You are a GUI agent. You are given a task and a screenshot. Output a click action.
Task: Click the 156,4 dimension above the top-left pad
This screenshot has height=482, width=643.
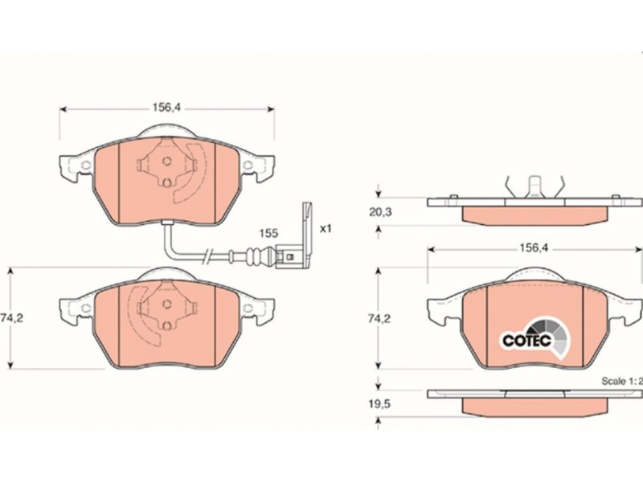(x=167, y=108)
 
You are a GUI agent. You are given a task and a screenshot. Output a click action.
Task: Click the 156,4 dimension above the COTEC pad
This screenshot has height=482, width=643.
(x=534, y=248)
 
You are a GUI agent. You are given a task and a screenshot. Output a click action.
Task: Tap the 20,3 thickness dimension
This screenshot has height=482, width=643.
(x=380, y=212)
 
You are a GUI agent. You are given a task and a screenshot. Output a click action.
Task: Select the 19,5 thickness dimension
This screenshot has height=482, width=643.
(x=379, y=404)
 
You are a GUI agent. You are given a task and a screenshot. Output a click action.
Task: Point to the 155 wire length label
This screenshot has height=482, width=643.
(x=268, y=233)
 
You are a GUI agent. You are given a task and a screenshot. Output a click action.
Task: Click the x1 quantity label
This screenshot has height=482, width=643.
(x=326, y=228)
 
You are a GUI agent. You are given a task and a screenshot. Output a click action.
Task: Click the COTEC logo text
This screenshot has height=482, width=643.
(x=527, y=340)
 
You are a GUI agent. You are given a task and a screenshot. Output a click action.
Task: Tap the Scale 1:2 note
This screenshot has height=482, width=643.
(x=620, y=381)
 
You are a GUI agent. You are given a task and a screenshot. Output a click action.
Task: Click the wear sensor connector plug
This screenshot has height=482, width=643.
(x=293, y=257)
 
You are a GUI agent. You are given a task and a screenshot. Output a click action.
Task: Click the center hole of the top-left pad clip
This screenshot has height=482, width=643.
(x=166, y=161)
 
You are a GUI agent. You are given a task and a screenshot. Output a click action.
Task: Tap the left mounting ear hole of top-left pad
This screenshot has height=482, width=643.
(x=86, y=165)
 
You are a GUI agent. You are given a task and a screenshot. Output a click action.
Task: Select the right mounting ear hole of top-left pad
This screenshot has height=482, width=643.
(x=248, y=165)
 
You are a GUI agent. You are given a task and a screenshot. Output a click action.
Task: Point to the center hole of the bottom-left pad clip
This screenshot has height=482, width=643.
(x=166, y=304)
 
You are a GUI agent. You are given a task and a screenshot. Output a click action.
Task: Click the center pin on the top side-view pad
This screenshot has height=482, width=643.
(x=534, y=186)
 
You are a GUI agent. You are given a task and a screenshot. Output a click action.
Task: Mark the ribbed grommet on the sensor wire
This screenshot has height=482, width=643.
(x=255, y=257)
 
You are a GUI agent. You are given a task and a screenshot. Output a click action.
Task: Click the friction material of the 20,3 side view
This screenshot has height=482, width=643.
(x=534, y=215)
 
